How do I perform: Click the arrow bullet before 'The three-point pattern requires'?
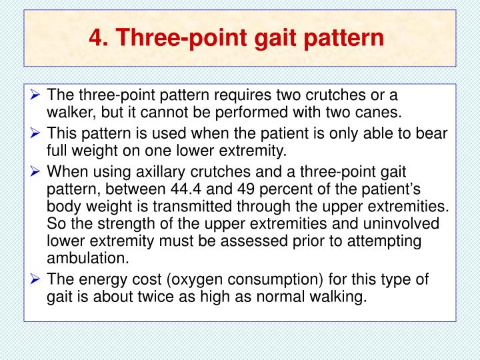pos(37,95)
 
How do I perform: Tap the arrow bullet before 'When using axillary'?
pos(37,172)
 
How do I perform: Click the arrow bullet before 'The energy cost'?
pos(37,280)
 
